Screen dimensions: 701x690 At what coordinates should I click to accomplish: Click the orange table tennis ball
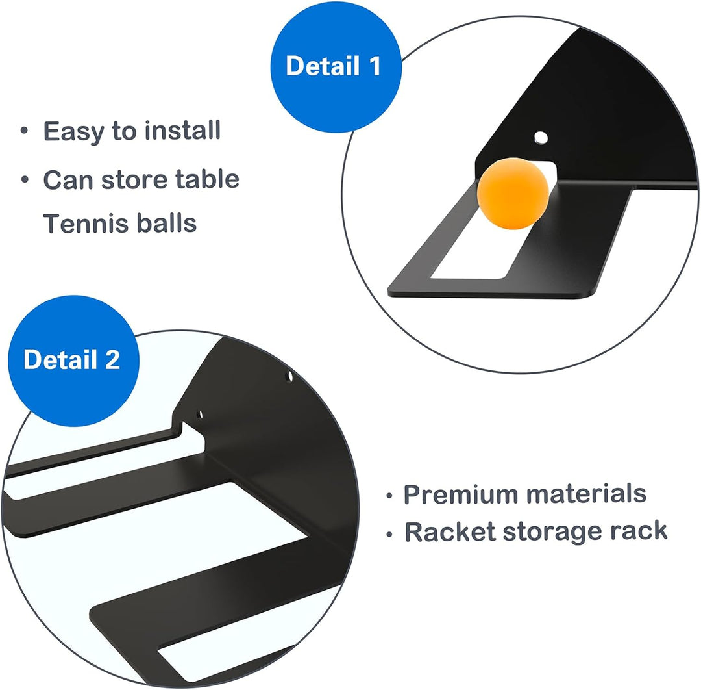[x=513, y=194]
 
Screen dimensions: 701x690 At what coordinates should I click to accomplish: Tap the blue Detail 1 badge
[x=336, y=67]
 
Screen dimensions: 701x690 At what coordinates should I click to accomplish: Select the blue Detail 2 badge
[x=74, y=361]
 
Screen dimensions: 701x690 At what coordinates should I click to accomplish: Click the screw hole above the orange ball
[x=541, y=137]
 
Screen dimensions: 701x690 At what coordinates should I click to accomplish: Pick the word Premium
[x=460, y=494]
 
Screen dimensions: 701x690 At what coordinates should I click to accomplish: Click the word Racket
[x=450, y=531]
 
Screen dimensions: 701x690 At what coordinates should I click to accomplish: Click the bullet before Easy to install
[x=24, y=131]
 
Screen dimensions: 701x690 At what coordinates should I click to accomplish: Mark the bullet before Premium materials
[x=389, y=496]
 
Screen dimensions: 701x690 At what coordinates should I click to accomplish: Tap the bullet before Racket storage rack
[x=389, y=534]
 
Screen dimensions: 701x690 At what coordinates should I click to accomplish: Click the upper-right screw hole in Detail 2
[x=289, y=376]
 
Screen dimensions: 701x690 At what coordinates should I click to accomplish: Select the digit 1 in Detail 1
[x=375, y=66]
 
